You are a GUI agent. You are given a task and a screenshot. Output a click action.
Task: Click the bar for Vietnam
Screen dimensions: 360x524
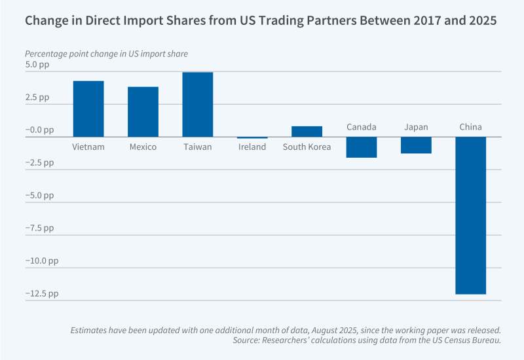(x=88, y=109)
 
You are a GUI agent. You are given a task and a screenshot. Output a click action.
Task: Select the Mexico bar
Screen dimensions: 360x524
(x=143, y=112)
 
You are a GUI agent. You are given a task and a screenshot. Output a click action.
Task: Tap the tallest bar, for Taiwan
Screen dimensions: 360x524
(x=197, y=104)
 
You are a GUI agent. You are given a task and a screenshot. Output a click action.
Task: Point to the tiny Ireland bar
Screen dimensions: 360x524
(x=252, y=137)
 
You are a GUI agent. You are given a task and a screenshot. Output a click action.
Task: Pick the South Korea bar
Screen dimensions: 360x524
(x=307, y=132)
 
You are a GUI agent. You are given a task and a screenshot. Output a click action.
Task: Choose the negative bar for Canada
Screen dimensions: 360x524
(x=362, y=147)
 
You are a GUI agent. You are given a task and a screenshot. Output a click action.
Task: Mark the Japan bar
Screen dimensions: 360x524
(x=416, y=145)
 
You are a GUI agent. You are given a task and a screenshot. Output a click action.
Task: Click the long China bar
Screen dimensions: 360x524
(x=471, y=215)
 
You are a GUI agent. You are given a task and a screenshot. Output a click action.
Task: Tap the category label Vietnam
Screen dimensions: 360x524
(x=88, y=147)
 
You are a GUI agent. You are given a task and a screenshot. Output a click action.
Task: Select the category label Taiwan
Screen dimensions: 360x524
(x=197, y=147)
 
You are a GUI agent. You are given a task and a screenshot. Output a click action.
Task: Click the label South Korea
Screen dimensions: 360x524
(x=307, y=147)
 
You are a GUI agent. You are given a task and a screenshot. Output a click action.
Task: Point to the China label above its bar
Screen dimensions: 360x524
(x=471, y=126)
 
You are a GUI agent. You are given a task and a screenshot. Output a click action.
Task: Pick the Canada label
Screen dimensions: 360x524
(x=362, y=126)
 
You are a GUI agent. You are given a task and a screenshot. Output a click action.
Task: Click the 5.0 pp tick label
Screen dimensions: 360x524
(x=38, y=65)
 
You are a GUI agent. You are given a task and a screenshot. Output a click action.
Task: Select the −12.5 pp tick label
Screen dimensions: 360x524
(x=42, y=293)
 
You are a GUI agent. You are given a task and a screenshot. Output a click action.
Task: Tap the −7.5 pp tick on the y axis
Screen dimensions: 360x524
(x=39, y=228)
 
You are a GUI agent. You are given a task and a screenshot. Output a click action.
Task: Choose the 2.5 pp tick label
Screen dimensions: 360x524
(x=38, y=98)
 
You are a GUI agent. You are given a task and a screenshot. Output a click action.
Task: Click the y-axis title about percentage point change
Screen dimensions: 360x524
(x=111, y=53)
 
